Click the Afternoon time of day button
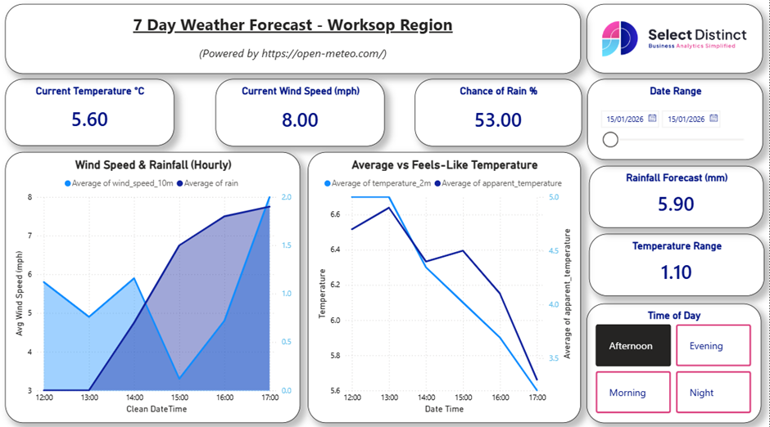pos(631,345)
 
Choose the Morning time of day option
pos(631,393)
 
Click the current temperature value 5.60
pos(89,119)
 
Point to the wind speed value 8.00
pos(300,119)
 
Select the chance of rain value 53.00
pos(498,119)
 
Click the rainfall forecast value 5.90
pos(675,204)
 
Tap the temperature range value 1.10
pos(675,272)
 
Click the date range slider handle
pos(610,140)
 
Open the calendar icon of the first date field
pos(652,119)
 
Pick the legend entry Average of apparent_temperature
pos(501,183)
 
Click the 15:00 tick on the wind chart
pos(179,398)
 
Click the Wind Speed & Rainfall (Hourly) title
pos(153,165)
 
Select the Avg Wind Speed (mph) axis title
pos(19,293)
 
